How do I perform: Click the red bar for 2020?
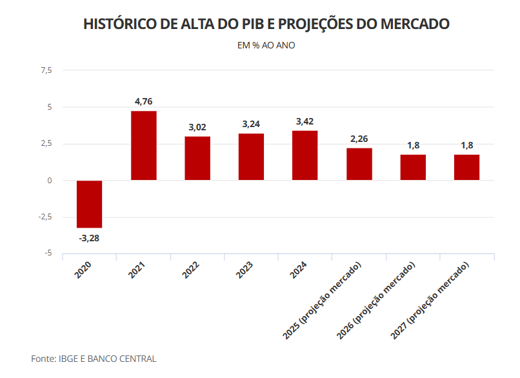pyautogui.click(x=90, y=204)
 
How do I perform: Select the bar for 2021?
pyautogui.click(x=143, y=146)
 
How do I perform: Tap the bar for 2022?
pyautogui.click(x=197, y=158)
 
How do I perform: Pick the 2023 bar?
pyautogui.click(x=251, y=157)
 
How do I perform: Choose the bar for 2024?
pyautogui.click(x=305, y=155)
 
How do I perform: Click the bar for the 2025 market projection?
pyautogui.click(x=359, y=164)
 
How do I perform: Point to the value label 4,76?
pyautogui.click(x=143, y=101)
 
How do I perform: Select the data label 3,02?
pyautogui.click(x=197, y=127)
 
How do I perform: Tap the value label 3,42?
pyautogui.click(x=305, y=121)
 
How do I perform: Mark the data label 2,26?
pyautogui.click(x=359, y=139)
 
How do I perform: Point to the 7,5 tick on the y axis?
pyautogui.click(x=46, y=70)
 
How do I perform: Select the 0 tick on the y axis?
pyautogui.click(x=49, y=180)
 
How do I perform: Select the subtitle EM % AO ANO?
pyautogui.click(x=266, y=46)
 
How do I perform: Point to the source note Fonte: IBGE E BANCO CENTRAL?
pyautogui.click(x=94, y=359)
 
